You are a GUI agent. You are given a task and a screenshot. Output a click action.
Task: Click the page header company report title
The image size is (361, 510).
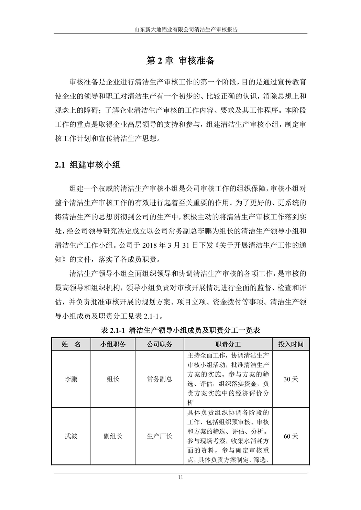pyautogui.click(x=180, y=30)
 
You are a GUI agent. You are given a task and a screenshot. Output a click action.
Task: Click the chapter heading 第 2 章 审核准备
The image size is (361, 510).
pyautogui.click(x=180, y=60)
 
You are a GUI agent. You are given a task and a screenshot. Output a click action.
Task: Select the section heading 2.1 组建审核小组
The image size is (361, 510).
pyautogui.click(x=88, y=165)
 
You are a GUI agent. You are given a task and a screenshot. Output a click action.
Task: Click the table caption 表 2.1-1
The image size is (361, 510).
pyautogui.click(x=180, y=330)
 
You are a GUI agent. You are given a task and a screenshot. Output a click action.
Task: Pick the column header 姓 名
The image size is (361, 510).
pyautogui.click(x=71, y=344)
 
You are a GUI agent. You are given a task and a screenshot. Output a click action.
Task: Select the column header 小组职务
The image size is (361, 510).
pyautogui.click(x=113, y=344)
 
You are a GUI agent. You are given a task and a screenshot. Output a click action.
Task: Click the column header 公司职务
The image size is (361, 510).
pyautogui.click(x=160, y=344)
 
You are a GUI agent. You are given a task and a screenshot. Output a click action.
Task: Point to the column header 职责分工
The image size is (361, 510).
pyautogui.click(x=228, y=344)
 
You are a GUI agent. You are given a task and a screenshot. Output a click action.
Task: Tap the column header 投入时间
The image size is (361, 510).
pyautogui.click(x=291, y=344)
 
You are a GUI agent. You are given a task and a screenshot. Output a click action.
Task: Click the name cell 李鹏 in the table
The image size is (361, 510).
pyautogui.click(x=71, y=379)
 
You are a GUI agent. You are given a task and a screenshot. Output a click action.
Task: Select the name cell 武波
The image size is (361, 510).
pyautogui.click(x=71, y=436)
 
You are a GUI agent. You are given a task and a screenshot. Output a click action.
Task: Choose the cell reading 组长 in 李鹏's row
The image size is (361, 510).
pyautogui.click(x=113, y=379)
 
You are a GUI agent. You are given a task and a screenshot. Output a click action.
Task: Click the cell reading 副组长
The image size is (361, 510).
pyautogui.click(x=113, y=436)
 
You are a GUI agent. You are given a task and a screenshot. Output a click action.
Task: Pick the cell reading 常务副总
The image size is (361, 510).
pyautogui.click(x=160, y=379)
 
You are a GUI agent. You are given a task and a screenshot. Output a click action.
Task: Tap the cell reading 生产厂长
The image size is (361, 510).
pyautogui.click(x=160, y=436)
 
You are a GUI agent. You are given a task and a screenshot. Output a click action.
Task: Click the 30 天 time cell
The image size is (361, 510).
pyautogui.click(x=291, y=379)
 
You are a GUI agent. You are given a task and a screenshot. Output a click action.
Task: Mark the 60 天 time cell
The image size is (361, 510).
pyautogui.click(x=291, y=436)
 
